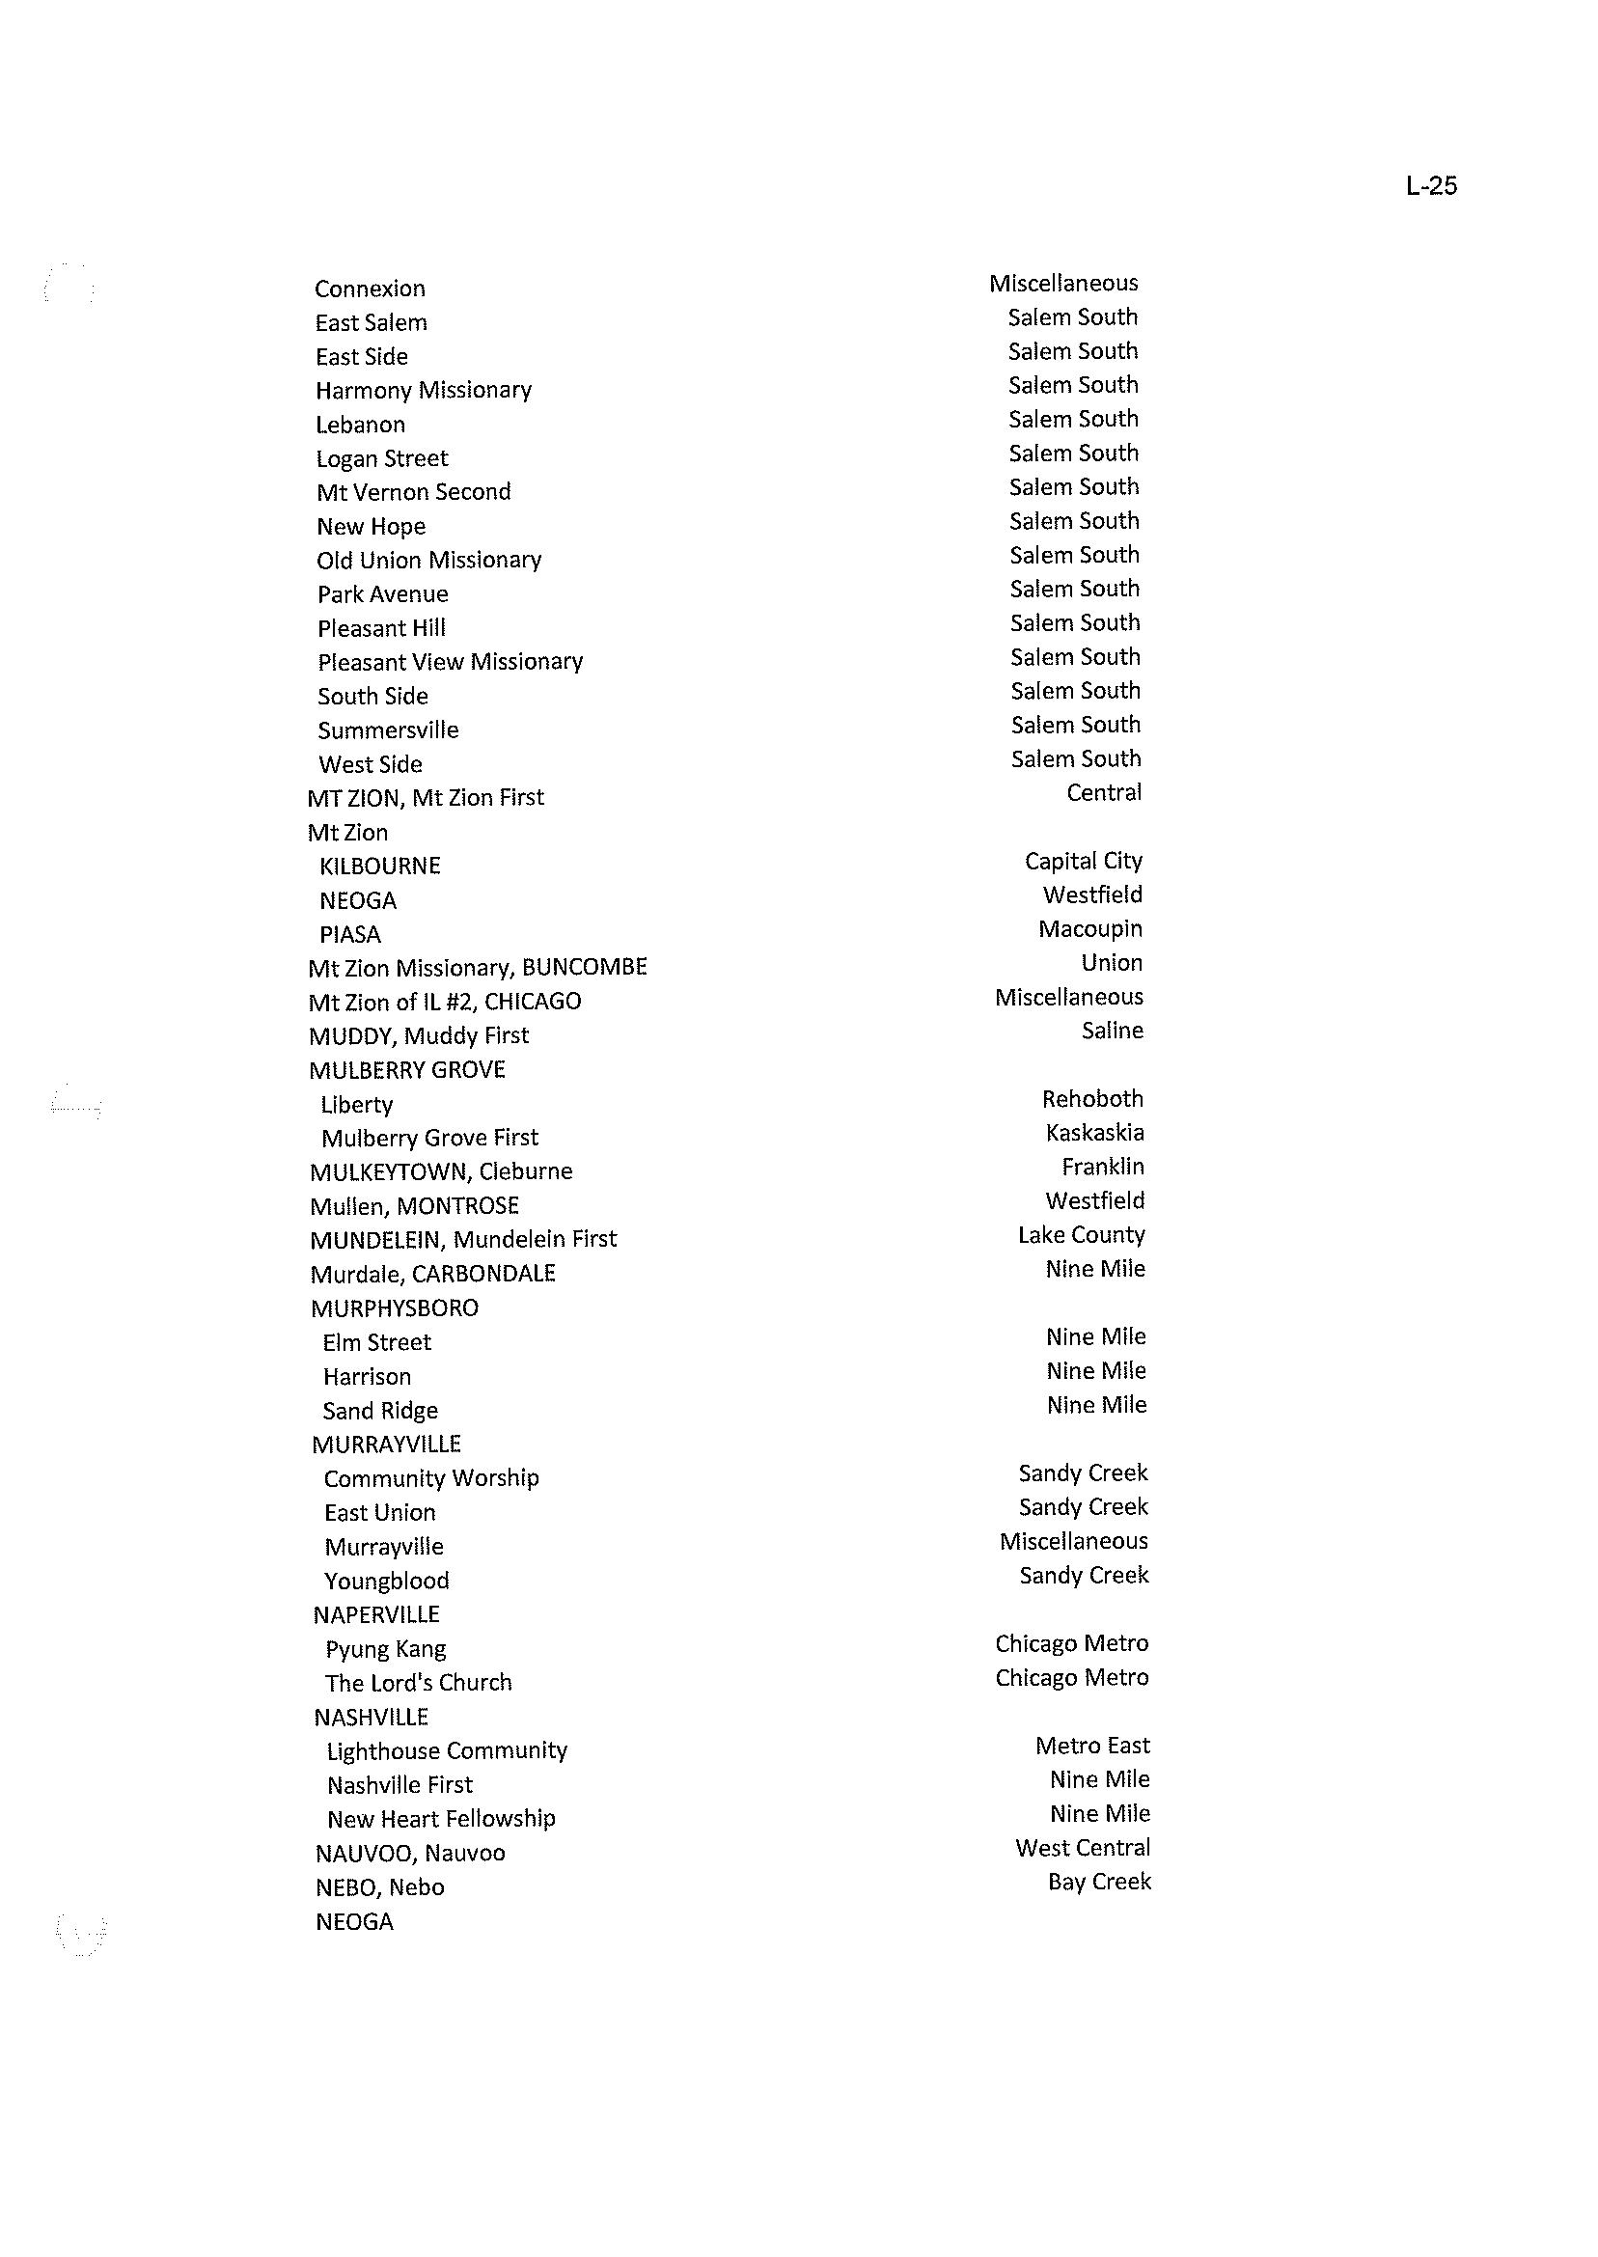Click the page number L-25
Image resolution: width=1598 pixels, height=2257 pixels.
pos(1431,186)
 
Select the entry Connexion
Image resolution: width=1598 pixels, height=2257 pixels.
pos(370,289)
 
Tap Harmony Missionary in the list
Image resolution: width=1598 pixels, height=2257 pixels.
pos(423,391)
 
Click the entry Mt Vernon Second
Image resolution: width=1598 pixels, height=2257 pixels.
pos(413,492)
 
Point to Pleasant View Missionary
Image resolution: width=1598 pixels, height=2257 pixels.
pos(450,662)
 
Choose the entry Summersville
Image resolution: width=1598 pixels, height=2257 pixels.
pos(388,730)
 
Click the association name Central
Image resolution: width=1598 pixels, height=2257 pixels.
pos(1104,793)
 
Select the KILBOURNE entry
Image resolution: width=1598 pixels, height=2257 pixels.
pos(380,867)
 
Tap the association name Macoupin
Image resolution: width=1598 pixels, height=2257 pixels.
pos(1090,930)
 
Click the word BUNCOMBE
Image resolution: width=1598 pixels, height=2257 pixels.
pos(585,967)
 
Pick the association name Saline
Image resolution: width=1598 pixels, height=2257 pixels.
pos(1112,1032)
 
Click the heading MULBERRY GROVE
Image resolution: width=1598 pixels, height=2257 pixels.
pos(407,1070)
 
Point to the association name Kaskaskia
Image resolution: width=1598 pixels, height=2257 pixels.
pos(1094,1134)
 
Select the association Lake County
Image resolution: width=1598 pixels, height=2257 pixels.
pos(1082,1236)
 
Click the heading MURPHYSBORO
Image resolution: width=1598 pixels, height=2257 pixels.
pos(395,1308)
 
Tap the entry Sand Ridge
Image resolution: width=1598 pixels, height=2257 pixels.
pos(380,1411)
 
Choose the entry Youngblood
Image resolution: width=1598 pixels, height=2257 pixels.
pos(387,1582)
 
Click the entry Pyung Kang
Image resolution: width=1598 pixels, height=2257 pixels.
pos(386,1649)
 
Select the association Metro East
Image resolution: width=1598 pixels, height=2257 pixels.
pos(1092,1747)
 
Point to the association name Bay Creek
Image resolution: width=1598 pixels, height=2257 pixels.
pos(1099,1883)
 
